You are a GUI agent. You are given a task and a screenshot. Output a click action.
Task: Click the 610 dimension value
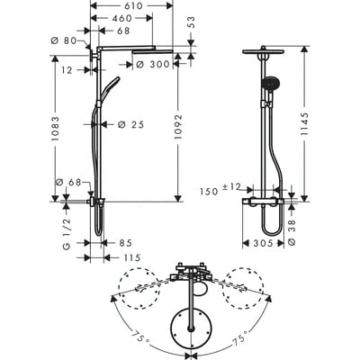(x=133, y=5)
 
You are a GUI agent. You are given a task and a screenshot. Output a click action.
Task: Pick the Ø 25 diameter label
(x=132, y=123)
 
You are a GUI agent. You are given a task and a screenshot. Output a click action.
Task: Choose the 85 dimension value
(x=126, y=242)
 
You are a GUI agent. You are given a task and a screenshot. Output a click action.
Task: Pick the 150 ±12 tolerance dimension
(x=220, y=191)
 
